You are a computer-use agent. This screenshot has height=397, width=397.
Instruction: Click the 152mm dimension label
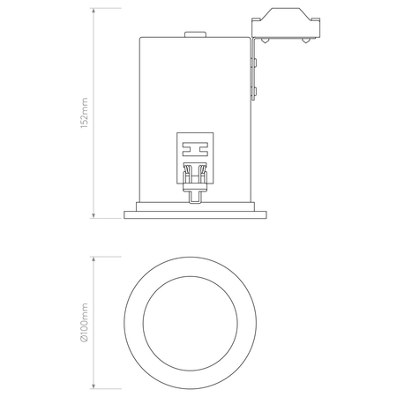click(85, 113)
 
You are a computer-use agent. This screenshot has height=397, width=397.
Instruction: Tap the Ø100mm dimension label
click(85, 323)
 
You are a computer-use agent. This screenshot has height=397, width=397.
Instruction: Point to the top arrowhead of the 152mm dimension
click(94, 11)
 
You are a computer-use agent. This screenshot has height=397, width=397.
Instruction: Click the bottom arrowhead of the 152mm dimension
click(94, 216)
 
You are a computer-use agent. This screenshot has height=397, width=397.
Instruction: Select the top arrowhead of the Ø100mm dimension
click(94, 259)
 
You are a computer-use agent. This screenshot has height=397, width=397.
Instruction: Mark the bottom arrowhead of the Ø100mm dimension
click(94, 386)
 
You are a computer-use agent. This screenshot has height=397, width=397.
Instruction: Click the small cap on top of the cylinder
click(195, 34)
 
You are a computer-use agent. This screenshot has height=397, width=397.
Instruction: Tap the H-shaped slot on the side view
click(195, 149)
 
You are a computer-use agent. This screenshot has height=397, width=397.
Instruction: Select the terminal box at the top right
click(286, 23)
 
